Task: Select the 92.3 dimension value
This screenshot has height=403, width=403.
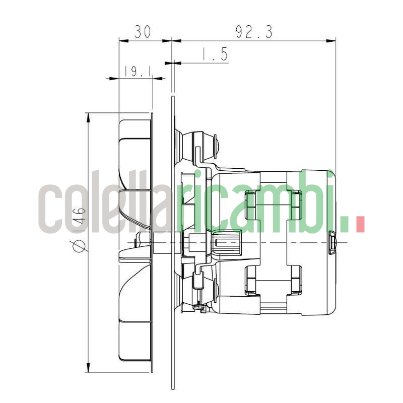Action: tap(254, 32)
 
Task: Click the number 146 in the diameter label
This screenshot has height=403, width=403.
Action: tap(80, 217)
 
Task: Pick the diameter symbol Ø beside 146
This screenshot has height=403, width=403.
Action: tap(80, 245)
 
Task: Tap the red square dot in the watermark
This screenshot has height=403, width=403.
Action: tap(360, 224)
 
